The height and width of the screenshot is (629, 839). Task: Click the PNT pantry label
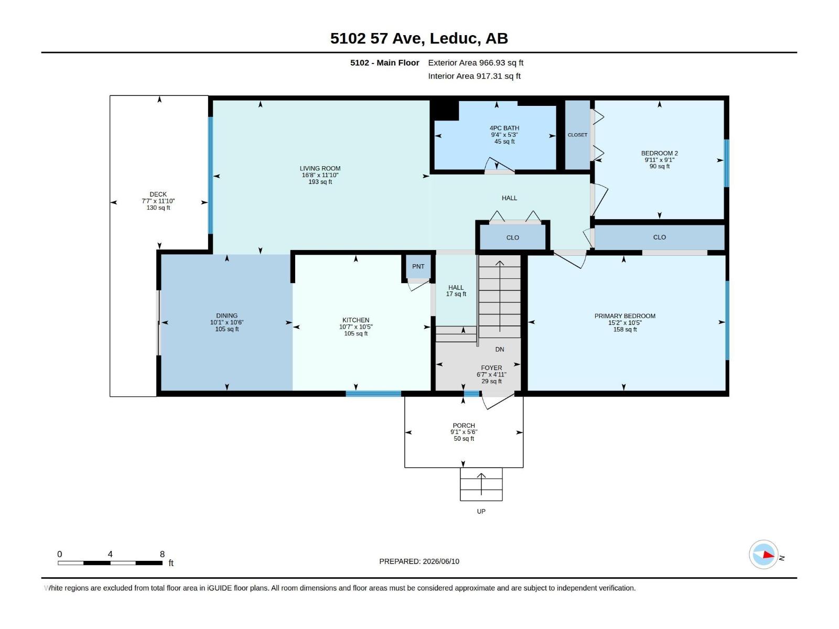pos(418,267)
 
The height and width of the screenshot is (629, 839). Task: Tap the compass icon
pos(763,555)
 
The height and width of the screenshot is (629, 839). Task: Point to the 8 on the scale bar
pos(162,554)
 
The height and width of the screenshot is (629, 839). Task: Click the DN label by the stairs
pos(500,350)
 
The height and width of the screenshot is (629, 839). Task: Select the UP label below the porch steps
pos(481,512)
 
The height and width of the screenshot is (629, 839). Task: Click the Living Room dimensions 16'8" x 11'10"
pos(320,175)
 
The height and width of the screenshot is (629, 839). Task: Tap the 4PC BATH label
pos(504,128)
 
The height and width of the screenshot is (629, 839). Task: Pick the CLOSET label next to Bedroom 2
pos(577,135)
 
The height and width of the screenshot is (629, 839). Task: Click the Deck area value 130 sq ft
pos(158,208)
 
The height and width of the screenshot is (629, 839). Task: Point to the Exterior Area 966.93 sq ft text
pos(476,62)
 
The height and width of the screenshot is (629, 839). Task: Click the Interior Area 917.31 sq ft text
pos(474,76)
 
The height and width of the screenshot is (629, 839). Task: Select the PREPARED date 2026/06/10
pos(440,561)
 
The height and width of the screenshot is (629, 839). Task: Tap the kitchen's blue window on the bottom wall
pos(373,394)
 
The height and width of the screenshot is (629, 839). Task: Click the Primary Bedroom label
pos(625,316)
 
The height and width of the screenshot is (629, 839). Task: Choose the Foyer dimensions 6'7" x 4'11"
pos(491,375)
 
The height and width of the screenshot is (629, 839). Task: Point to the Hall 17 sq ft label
pos(456,290)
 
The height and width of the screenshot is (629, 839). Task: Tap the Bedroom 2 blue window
pos(726,163)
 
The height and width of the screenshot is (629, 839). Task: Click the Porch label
pos(464,426)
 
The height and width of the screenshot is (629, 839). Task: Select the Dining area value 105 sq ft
pos(227,329)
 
